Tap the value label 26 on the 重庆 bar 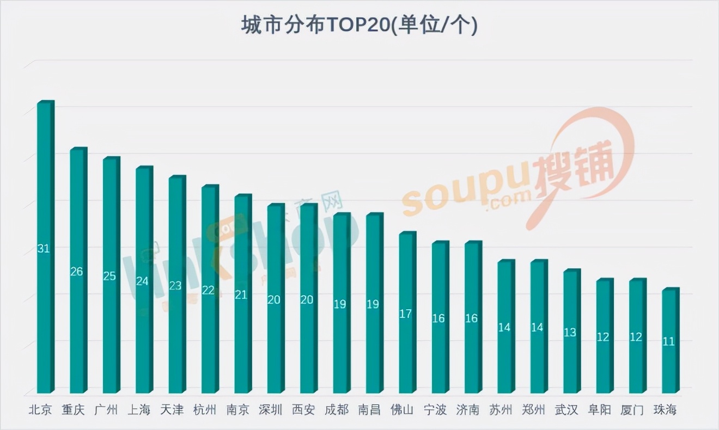76,271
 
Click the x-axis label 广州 106,410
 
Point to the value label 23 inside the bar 175,285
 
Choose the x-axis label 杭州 205,410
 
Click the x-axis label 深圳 271,410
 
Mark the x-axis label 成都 336,410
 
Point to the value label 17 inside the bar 405,314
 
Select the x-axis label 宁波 435,410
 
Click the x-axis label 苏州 501,410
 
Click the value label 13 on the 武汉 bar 570,332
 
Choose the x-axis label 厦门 632,410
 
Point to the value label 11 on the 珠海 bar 668,341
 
